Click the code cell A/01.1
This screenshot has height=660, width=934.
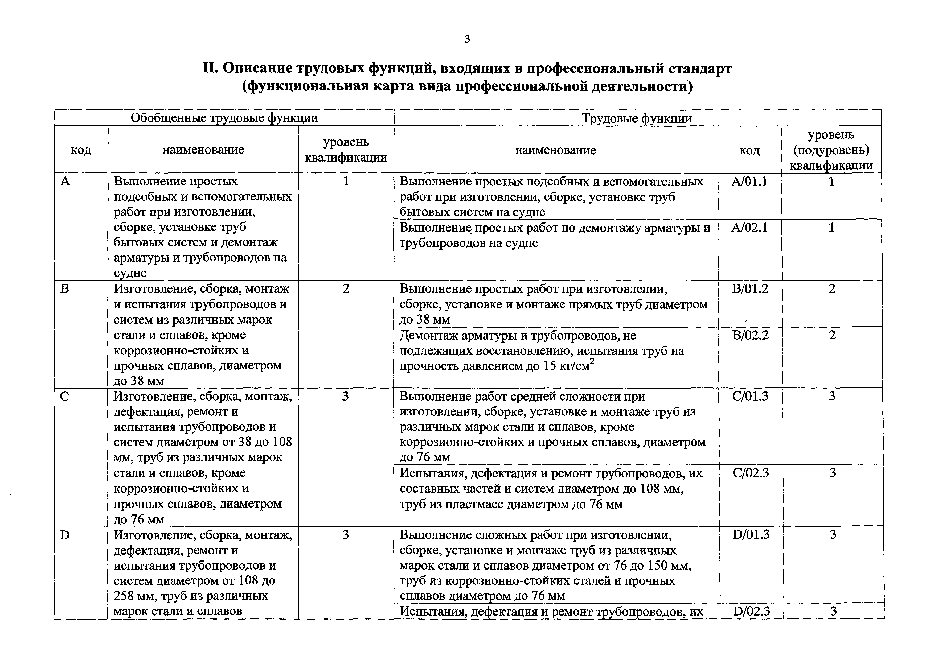tap(749, 181)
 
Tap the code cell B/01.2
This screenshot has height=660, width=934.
tap(750, 289)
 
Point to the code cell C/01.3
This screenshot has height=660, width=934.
tap(750, 396)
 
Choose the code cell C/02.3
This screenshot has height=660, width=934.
tap(751, 473)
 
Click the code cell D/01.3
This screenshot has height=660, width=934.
tap(751, 534)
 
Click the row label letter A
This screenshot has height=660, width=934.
tap(65, 181)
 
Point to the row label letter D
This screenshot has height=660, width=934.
tap(65, 535)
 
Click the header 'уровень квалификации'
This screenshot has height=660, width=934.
tap(346, 150)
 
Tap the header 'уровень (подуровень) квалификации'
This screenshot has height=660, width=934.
tap(831, 150)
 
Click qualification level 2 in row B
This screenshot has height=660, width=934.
tap(346, 289)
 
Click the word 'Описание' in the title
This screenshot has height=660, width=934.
tap(258, 68)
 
